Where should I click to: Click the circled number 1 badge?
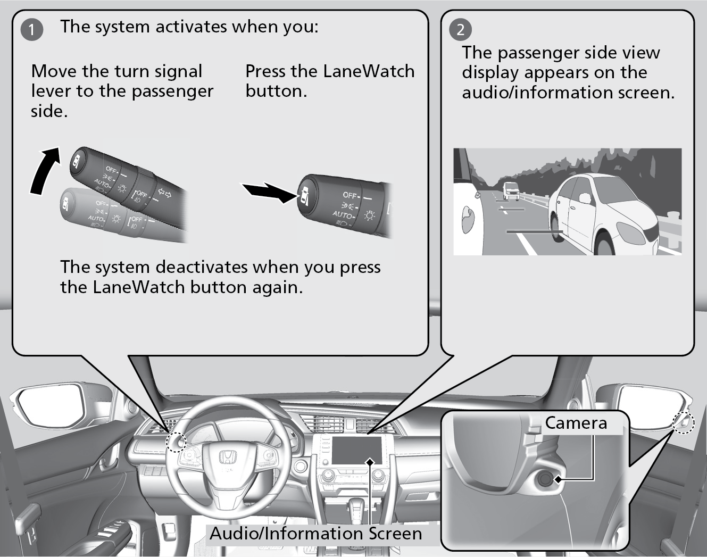31,29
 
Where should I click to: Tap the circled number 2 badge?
460,29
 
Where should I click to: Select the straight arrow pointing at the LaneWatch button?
268,192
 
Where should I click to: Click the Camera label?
576,423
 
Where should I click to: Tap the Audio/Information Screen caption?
315,533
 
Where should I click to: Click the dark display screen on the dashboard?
357,451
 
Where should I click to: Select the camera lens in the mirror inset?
546,479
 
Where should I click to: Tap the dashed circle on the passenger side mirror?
683,423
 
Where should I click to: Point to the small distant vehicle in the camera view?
511,189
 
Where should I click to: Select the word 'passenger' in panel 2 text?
542,53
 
